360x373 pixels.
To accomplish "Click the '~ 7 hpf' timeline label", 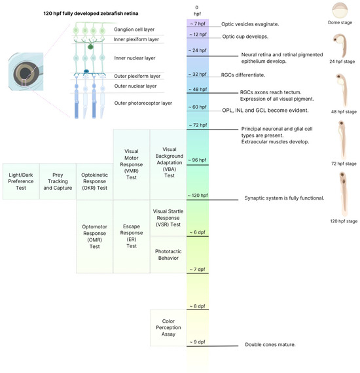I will point(197,24).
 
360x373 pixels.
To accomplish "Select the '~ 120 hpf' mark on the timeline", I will point(198,196).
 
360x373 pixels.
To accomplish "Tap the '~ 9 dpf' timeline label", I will point(197,342).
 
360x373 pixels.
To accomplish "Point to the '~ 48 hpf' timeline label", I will point(198,88).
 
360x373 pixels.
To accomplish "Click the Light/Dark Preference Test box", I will point(20,181).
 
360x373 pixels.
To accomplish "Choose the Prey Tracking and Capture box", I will point(57,181).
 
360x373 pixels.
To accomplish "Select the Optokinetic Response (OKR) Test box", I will point(94,181).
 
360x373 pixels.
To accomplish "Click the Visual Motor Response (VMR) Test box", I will point(131,164).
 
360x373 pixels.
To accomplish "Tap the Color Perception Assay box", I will point(169,327).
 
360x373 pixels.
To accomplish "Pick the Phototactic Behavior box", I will point(169,254).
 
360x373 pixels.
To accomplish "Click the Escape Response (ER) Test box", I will point(131,236).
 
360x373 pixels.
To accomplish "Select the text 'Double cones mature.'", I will point(270,344).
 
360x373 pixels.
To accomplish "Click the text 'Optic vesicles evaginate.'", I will point(250,24).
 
